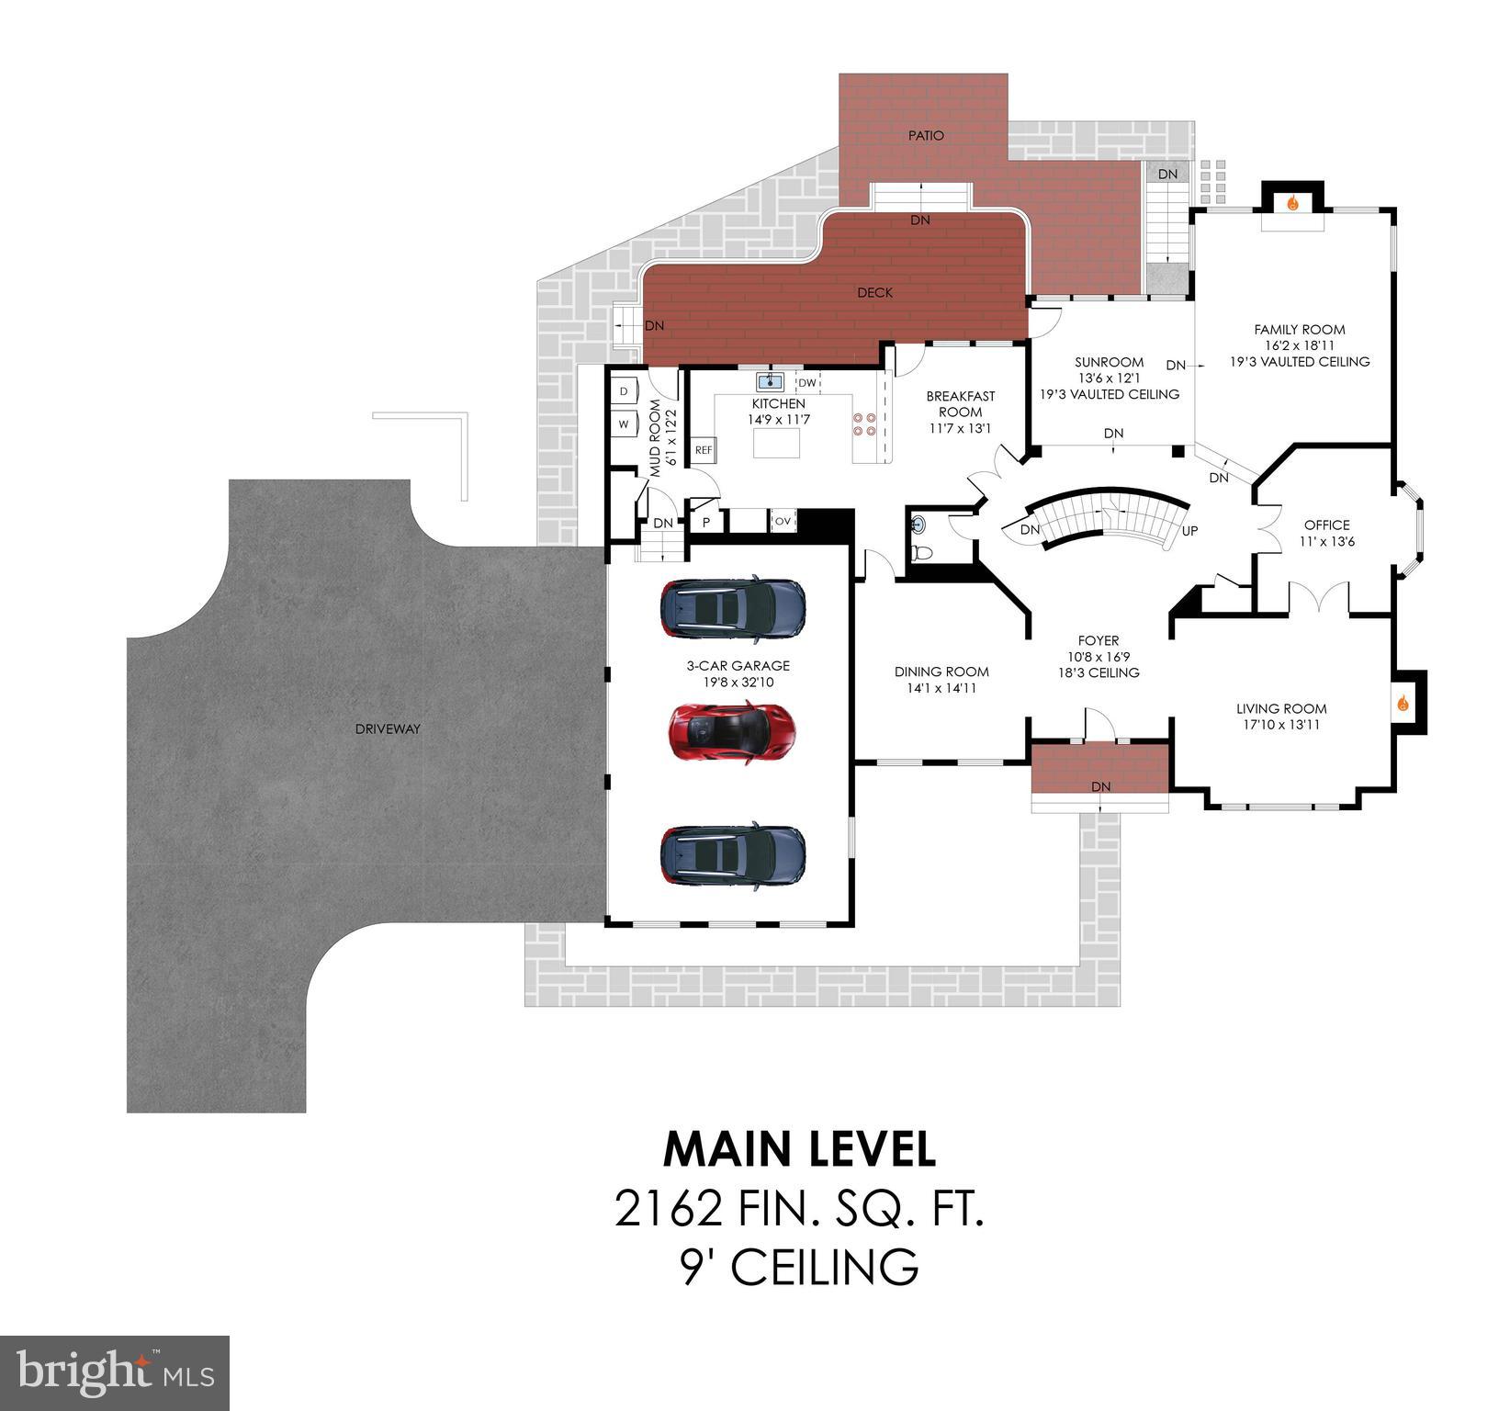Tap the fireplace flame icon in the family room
click(x=1292, y=203)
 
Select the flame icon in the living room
click(x=1403, y=704)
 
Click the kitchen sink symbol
click(x=770, y=382)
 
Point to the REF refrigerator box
click(x=704, y=450)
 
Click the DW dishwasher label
click(x=806, y=383)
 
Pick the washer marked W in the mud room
click(x=625, y=424)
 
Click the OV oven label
click(x=783, y=521)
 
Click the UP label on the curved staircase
click(x=1189, y=531)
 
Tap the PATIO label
click(x=926, y=136)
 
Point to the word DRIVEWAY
click(x=388, y=728)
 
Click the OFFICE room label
click(x=1326, y=525)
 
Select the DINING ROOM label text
click(x=941, y=672)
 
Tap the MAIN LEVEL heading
click(x=799, y=1149)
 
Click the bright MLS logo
click(x=115, y=1373)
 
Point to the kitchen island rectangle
click(x=777, y=443)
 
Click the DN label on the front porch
click(x=1100, y=786)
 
